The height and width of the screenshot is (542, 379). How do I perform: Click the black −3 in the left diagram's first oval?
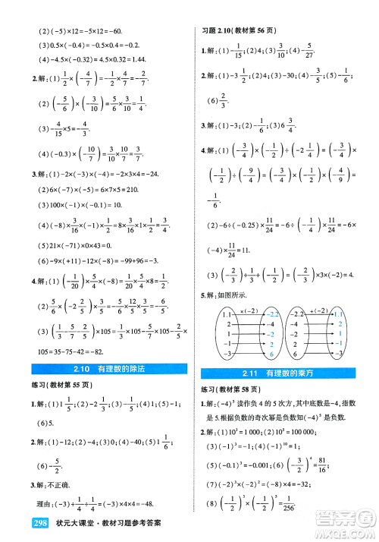point(226,354)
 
